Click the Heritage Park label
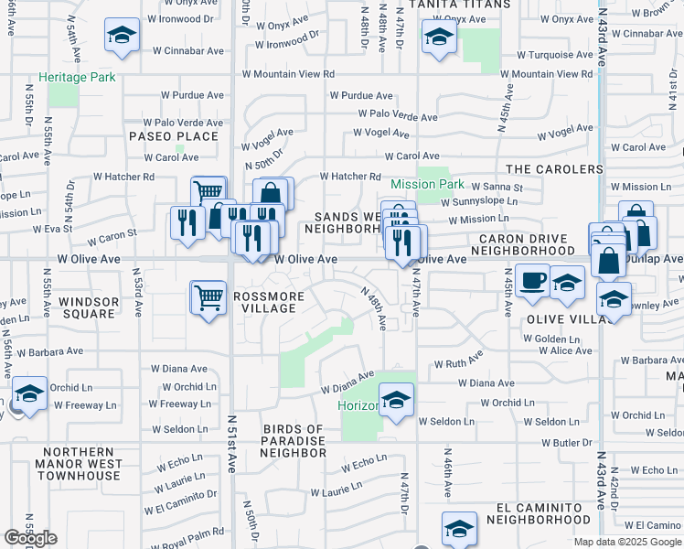(77, 78)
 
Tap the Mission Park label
(428, 184)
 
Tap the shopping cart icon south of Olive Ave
(208, 297)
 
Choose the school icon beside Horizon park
(396, 400)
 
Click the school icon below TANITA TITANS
(439, 38)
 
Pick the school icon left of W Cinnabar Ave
(120, 36)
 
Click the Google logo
(30, 537)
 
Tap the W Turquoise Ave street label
(556, 55)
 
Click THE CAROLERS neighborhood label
(554, 169)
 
